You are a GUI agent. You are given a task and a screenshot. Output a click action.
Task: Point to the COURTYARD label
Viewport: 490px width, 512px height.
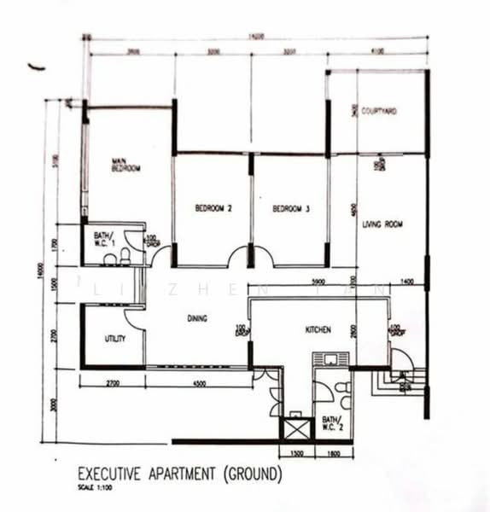pos(379,111)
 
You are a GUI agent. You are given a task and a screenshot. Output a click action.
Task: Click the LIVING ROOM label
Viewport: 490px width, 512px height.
pos(382,224)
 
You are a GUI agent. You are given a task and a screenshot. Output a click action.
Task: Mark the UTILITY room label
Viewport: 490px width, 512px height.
pos(115,338)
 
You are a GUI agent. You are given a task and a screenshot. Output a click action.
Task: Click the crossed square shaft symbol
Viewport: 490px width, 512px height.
pos(297,425)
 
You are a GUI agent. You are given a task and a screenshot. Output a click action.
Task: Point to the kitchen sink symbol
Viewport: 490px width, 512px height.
pos(327,359)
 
